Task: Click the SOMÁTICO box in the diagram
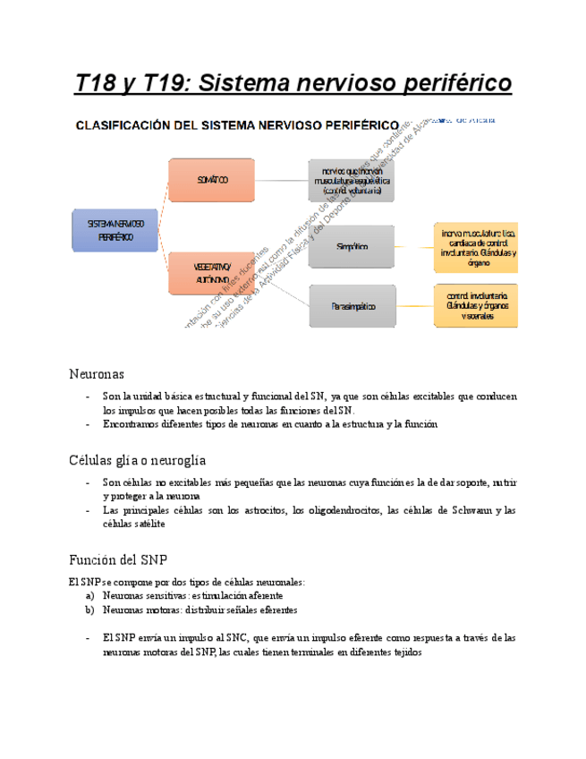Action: pyautogui.click(x=213, y=180)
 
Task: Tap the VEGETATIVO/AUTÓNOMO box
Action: pyautogui.click(x=213, y=272)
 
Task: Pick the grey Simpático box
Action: pyautogui.click(x=351, y=246)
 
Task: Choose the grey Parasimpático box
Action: pyautogui.click(x=351, y=306)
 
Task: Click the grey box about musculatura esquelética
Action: pyautogui.click(x=351, y=180)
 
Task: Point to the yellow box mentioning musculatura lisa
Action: pyautogui.click(x=478, y=246)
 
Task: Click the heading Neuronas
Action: pyautogui.click(x=97, y=372)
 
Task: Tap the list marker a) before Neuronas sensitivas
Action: pyautogui.click(x=89, y=595)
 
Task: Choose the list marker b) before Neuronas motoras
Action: pyautogui.click(x=89, y=609)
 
